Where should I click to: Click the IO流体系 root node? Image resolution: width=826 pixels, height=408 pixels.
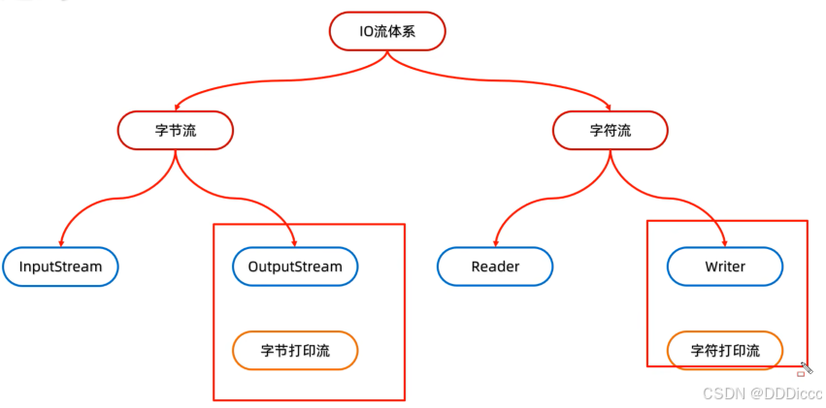click(x=387, y=31)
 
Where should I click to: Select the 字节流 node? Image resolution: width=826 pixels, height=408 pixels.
click(x=176, y=130)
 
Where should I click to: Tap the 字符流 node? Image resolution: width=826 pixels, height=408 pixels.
click(x=611, y=130)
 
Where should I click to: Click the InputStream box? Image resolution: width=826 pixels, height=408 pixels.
click(x=60, y=267)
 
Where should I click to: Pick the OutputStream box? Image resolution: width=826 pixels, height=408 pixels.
click(x=295, y=267)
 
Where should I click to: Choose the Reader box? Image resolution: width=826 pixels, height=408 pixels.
click(x=495, y=267)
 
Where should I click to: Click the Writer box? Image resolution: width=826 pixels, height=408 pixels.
click(x=725, y=267)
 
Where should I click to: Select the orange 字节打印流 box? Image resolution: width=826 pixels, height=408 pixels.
click(x=295, y=351)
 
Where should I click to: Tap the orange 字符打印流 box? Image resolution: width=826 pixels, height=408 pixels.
click(x=725, y=351)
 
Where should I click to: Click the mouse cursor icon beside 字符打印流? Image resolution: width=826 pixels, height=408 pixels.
click(x=803, y=368)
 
